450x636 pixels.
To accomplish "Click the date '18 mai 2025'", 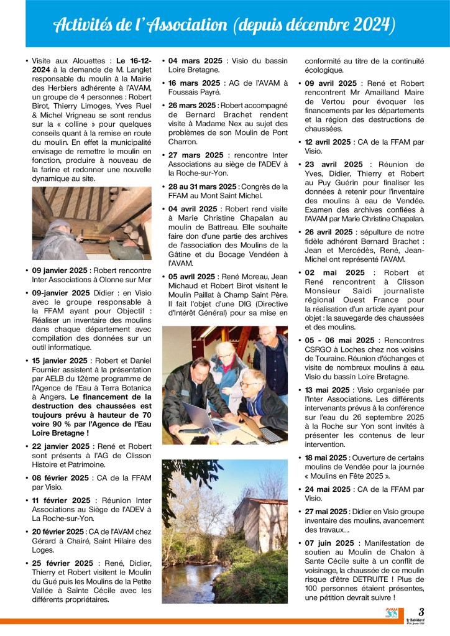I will coord(329,458).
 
